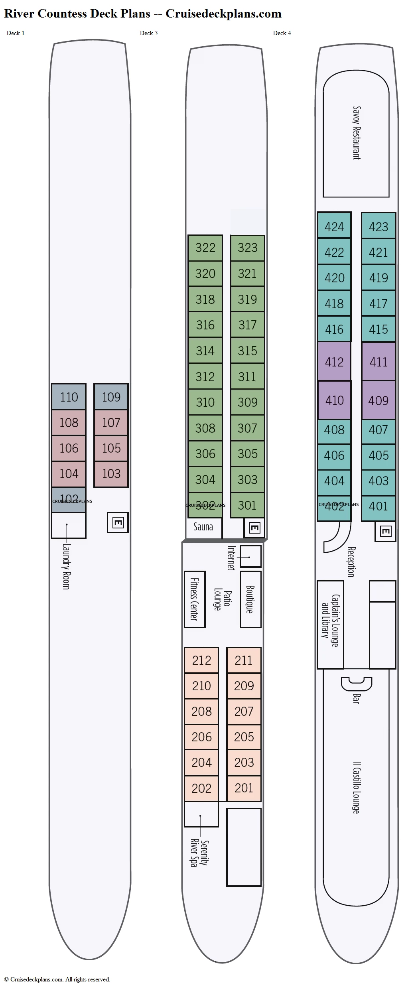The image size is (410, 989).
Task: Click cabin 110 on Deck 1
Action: point(69,397)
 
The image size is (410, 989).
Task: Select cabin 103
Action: point(111,474)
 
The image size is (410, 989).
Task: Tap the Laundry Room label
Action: point(66,566)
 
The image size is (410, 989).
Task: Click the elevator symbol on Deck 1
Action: point(118,522)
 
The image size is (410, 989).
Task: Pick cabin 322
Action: point(205,248)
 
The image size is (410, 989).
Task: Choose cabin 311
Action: point(247,376)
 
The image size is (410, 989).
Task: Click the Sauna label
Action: point(203,527)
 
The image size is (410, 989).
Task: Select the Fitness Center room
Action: point(194,599)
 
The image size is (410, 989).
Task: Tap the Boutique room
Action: point(250,599)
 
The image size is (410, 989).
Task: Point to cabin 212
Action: point(201,660)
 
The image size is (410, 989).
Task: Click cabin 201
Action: point(244,788)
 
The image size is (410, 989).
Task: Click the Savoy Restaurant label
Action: point(356,133)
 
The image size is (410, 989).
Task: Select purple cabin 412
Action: point(334,362)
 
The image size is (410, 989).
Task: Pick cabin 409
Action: point(378,400)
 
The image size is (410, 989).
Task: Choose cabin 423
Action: point(378,227)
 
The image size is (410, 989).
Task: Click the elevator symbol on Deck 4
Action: point(385,531)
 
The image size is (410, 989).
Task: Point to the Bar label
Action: point(356,698)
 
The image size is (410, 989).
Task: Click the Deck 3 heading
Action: point(148,33)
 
